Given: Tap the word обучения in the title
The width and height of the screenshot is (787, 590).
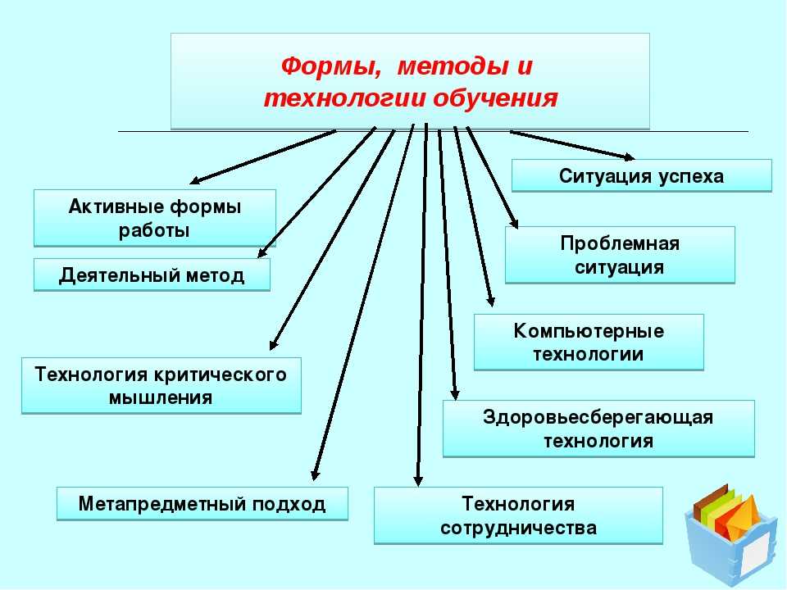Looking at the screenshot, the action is click(495, 98).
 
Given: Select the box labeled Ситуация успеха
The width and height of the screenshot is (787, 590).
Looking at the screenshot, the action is click(641, 175).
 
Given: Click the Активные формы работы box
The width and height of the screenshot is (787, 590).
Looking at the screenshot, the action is click(155, 218).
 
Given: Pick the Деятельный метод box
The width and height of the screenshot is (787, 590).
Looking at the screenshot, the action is click(152, 275).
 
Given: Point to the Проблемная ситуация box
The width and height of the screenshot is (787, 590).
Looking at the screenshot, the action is click(620, 255).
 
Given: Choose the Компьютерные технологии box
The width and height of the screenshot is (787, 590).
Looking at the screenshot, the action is click(589, 343).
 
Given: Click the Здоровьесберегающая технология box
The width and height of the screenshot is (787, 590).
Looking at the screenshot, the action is click(598, 429).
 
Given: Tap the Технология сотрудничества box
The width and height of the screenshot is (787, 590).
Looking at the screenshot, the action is click(518, 515).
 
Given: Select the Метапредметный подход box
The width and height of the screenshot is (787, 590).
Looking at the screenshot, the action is click(202, 504).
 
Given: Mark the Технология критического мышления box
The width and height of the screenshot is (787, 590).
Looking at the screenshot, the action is click(161, 385).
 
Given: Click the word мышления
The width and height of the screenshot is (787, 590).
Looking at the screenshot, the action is click(161, 398).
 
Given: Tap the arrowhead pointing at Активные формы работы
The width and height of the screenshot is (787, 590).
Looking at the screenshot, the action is click(197, 180).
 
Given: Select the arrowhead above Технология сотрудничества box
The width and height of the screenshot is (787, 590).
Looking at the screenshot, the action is click(418, 480).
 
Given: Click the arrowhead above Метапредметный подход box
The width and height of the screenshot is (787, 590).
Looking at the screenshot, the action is click(315, 474).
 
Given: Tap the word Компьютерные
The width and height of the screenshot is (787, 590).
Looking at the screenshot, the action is click(589, 331).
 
